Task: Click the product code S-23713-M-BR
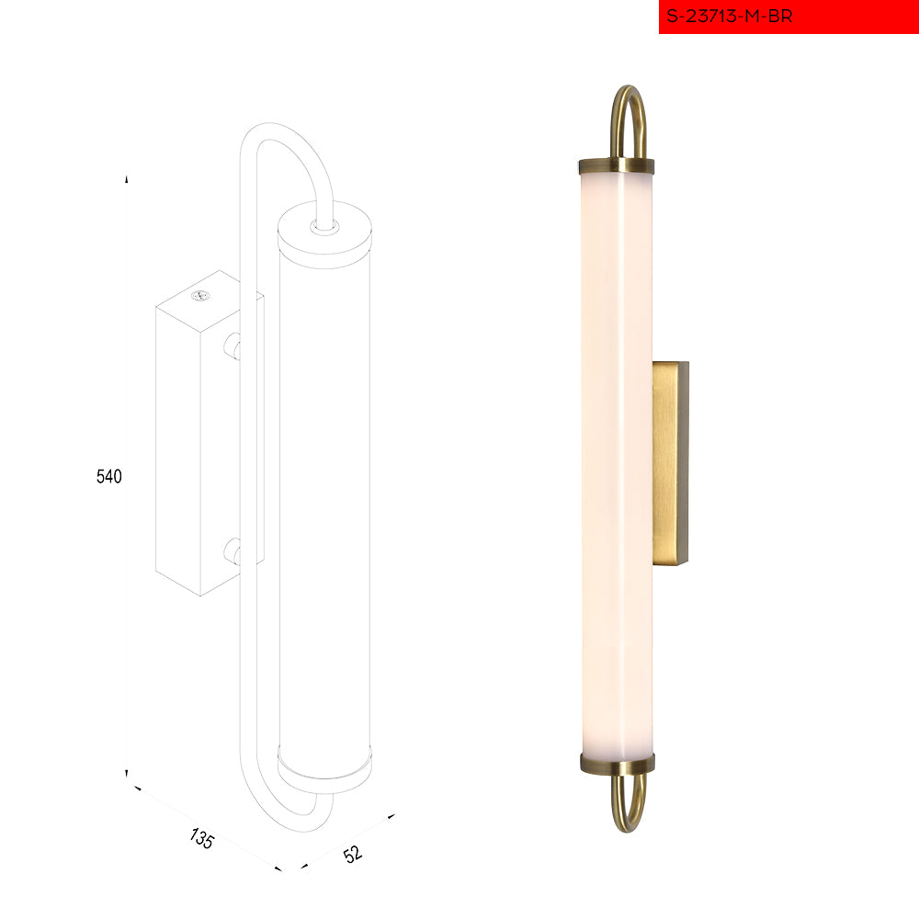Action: point(729,16)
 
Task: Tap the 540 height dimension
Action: point(109,476)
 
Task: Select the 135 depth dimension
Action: point(202,838)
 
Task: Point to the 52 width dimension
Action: point(352,854)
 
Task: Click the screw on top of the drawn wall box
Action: point(200,296)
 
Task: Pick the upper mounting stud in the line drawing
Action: point(233,346)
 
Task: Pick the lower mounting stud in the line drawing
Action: point(233,551)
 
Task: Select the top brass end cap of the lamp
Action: point(616,166)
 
